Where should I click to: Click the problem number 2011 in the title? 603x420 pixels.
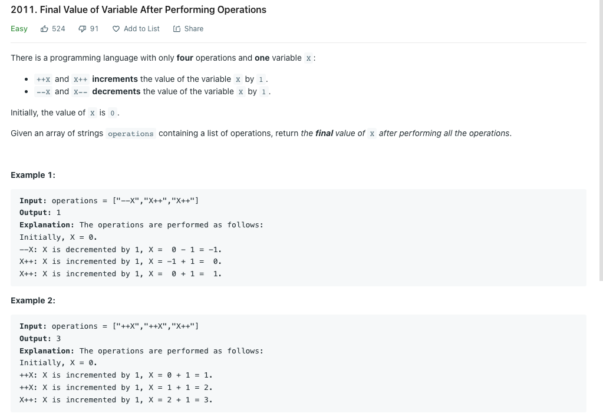22,10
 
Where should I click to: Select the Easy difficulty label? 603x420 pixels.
19,29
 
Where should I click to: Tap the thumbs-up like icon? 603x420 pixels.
44,29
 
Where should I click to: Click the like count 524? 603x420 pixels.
58,29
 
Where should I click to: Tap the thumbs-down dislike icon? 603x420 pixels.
83,29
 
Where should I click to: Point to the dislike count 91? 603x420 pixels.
94,29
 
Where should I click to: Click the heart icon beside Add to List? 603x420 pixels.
116,29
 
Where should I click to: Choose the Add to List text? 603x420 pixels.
141,29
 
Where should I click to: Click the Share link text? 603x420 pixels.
193,29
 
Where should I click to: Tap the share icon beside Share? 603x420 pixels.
177,29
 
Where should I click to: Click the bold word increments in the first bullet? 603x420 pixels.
115,79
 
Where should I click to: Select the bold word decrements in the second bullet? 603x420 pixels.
116,91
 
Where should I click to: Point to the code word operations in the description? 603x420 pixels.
131,134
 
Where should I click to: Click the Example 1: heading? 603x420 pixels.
33,175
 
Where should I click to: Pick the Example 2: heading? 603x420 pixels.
33,300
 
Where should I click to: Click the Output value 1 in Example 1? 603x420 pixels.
58,213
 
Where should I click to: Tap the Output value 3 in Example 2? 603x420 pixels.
58,339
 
